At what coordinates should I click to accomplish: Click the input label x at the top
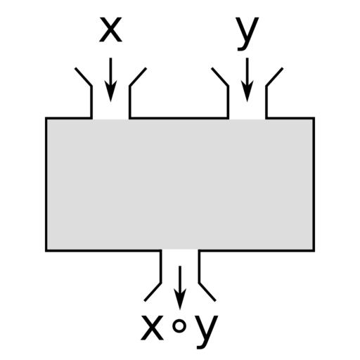point(110,30)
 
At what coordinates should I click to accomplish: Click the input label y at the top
point(247,34)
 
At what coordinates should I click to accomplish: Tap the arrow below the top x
point(110,79)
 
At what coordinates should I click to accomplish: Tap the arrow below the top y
point(247,79)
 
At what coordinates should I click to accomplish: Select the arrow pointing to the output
point(180,288)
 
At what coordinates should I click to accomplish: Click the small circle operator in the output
point(179,326)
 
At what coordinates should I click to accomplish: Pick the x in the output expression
point(152,328)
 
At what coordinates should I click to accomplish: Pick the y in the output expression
point(207,332)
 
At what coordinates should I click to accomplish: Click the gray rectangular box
point(180,184)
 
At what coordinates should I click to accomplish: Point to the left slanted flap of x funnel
point(83,77)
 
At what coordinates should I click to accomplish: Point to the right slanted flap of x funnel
point(138,77)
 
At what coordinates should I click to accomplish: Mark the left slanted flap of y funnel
point(220,77)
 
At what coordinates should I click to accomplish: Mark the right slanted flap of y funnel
point(274,77)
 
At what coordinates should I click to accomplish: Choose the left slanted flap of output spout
point(153,292)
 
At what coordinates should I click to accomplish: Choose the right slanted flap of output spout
point(207,292)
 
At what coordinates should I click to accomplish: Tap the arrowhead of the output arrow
point(180,299)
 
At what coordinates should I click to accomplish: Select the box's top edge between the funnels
point(179,118)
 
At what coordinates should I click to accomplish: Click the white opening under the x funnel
point(110,110)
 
